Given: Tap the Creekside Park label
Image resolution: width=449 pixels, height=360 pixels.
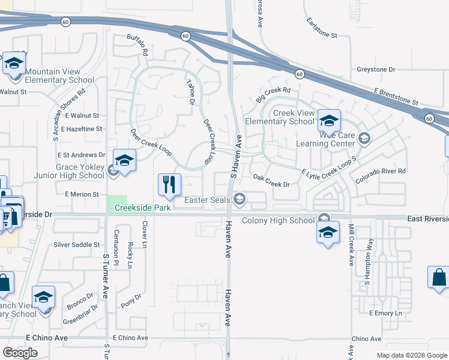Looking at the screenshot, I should (140, 207).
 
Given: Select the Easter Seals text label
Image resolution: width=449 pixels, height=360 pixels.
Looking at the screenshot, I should (207, 200).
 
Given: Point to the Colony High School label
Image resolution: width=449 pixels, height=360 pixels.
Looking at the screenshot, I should (278, 221).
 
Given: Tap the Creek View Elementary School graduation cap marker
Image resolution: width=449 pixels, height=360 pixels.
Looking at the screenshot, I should (329, 122).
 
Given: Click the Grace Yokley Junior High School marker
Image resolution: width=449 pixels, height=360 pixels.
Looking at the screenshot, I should (124, 161).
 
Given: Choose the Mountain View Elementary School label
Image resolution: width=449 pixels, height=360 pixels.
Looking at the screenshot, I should (59, 76).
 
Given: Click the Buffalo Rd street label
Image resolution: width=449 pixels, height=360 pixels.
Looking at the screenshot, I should (137, 46).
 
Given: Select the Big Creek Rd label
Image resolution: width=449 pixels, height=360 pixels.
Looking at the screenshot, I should (273, 94).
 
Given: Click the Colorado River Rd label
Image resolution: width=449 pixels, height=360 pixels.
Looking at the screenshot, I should (381, 175).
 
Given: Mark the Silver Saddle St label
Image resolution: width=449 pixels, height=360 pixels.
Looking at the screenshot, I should (77, 245).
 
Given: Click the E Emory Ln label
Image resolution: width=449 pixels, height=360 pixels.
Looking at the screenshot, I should (385, 313).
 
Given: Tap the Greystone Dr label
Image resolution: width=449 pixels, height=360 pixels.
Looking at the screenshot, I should (376, 70).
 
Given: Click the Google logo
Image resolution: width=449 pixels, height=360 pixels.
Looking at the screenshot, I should (20, 353).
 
